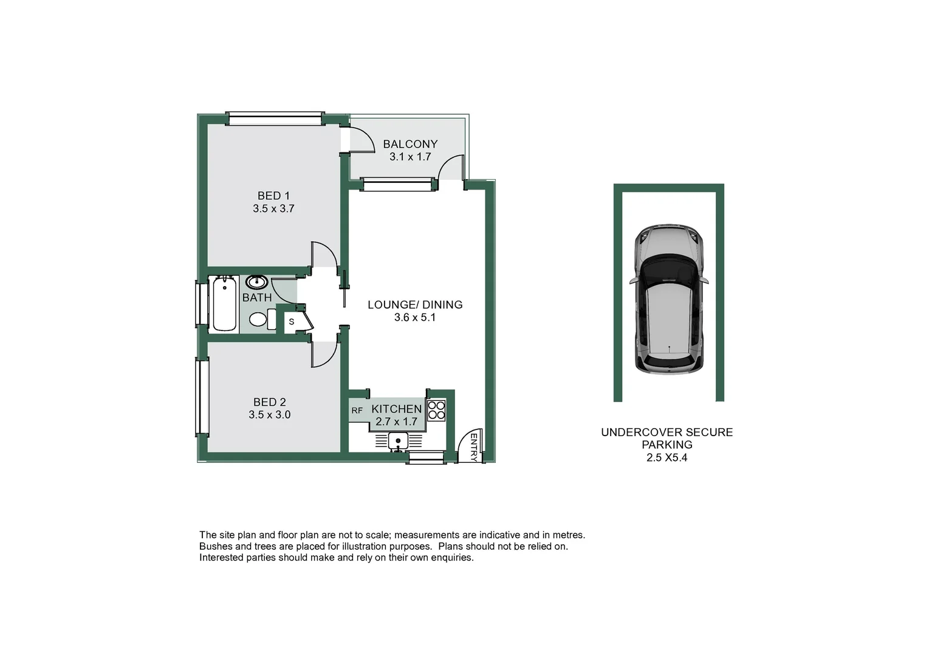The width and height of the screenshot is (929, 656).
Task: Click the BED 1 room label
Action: click(x=273, y=196)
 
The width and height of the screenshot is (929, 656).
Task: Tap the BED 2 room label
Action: click(x=269, y=402)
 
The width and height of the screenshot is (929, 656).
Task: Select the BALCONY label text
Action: click(x=410, y=144)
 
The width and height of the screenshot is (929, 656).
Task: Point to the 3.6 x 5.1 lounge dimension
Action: click(x=415, y=317)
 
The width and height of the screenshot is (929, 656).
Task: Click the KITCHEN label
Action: click(x=396, y=409)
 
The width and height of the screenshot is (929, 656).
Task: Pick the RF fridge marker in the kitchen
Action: click(x=357, y=411)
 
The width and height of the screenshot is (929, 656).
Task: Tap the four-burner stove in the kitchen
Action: click(x=436, y=411)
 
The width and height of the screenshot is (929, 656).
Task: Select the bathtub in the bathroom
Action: click(x=225, y=303)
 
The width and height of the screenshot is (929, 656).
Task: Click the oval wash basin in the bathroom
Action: click(x=258, y=282)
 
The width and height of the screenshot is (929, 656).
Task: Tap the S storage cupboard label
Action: click(x=292, y=322)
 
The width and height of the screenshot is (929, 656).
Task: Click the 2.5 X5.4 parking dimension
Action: click(x=667, y=458)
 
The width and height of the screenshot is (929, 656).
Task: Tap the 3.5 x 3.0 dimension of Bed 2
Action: click(x=269, y=415)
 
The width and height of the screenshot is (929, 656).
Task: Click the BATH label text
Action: click(x=257, y=298)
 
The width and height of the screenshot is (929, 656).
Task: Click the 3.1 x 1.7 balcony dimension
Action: click(x=410, y=157)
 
